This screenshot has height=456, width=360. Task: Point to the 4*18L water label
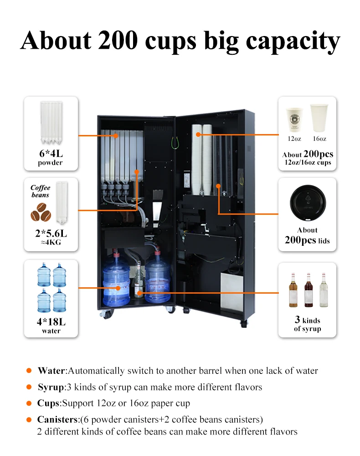point(51,322)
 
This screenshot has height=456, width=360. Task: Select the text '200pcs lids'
point(307,240)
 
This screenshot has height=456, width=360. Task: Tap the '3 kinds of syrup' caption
point(307,324)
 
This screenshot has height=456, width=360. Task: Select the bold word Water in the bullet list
point(51,370)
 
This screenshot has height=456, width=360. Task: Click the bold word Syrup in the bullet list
point(51,387)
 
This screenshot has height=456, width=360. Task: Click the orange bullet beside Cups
point(29,404)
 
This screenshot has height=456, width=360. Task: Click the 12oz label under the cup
point(294,139)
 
